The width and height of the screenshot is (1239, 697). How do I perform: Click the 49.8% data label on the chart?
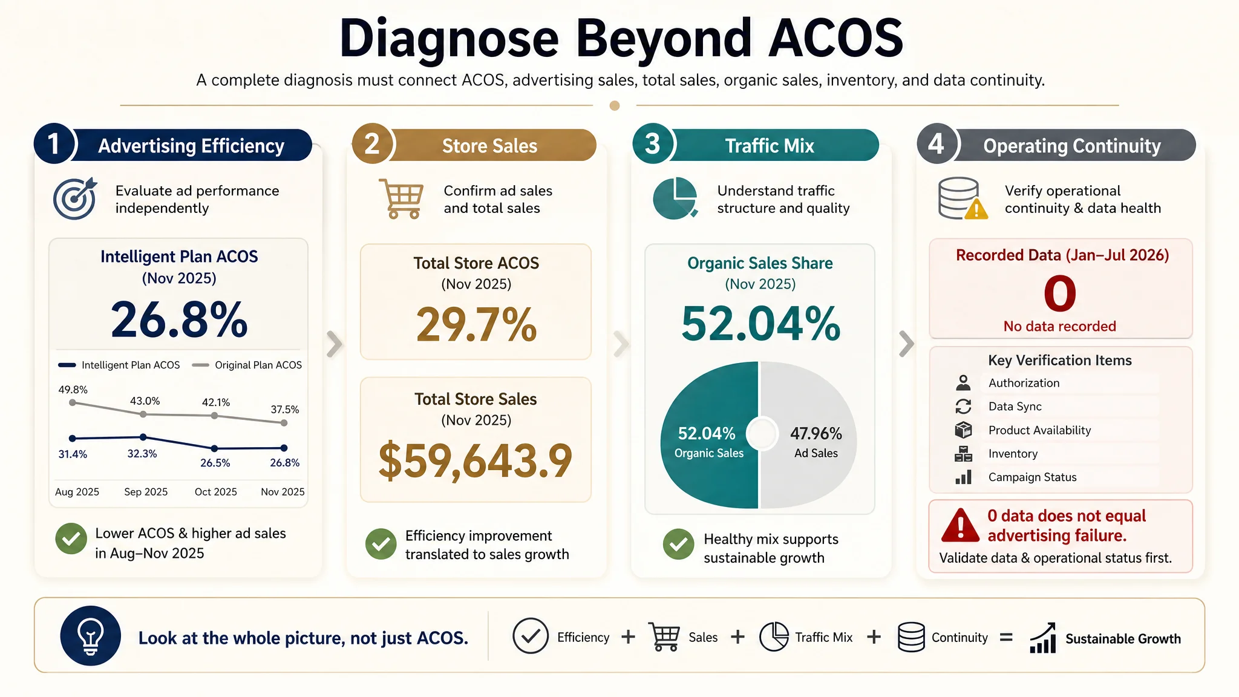pos(73,390)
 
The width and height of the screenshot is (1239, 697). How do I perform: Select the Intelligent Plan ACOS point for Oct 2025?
pos(214,448)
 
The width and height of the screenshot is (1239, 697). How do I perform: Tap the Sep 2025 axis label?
pos(146,492)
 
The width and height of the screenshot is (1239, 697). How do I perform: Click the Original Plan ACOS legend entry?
pos(247,365)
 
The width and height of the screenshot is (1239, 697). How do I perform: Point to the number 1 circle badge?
pos(54,144)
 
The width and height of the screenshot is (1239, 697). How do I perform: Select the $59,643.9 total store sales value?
pos(476,461)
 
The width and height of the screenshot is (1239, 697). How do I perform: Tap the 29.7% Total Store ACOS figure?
pos(476,324)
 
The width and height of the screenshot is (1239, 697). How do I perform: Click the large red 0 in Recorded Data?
pos(1060,293)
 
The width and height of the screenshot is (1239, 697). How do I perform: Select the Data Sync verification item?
pos(1015,407)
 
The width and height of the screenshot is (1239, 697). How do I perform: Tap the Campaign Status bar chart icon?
pos(963,477)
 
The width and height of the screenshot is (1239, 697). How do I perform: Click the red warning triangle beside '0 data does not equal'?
pos(960,525)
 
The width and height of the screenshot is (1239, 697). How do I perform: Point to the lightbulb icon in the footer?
pos(91,636)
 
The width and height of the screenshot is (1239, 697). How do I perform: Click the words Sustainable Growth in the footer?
pos(1123,639)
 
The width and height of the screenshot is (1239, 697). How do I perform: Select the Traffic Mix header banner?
pos(770,145)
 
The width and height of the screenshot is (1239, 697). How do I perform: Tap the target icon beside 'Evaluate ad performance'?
pos(75,198)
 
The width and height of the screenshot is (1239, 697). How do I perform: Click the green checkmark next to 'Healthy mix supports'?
pos(679,544)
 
